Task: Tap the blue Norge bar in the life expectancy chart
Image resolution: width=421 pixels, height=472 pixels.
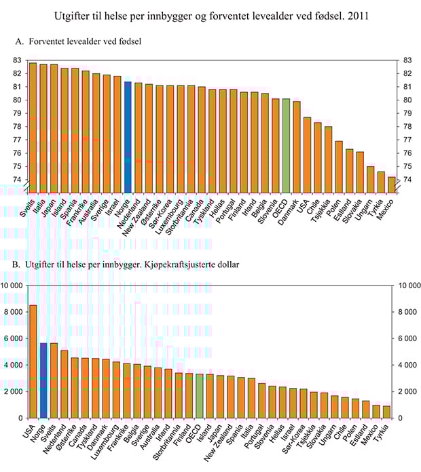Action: click(x=127, y=136)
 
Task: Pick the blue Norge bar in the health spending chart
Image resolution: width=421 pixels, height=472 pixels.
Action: click(x=43, y=380)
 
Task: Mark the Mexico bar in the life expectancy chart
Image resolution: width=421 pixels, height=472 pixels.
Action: click(x=392, y=184)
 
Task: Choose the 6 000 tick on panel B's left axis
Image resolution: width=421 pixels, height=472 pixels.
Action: click(x=14, y=338)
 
